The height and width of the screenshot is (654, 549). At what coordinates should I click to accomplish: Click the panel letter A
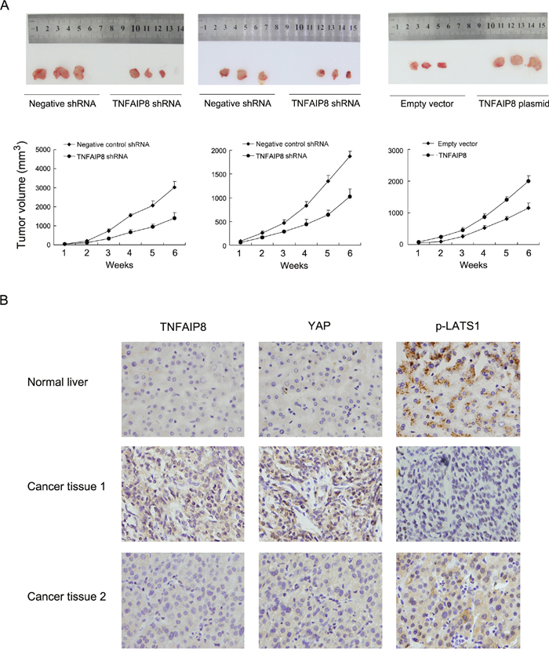(4, 5)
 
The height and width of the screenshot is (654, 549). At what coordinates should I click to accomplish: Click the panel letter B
(4, 300)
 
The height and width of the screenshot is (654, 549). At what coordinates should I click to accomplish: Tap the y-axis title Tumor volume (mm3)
(22, 194)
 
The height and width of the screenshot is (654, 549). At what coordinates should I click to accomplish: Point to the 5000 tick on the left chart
(43, 149)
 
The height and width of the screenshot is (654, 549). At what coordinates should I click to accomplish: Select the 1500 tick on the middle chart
(219, 174)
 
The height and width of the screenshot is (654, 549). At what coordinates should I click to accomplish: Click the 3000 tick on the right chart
(395, 151)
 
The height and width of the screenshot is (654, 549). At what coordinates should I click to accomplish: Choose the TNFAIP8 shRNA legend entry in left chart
(96, 157)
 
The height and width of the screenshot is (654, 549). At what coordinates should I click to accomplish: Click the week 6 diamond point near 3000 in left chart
(174, 187)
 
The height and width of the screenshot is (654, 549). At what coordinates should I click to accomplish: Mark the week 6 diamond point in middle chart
(350, 156)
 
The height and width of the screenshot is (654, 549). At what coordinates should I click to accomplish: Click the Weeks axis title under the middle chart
(294, 266)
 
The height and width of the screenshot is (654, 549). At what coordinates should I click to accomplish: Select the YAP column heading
(319, 325)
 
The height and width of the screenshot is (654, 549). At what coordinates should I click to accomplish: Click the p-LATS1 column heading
(458, 326)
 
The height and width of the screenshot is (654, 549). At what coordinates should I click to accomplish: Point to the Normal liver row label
(57, 382)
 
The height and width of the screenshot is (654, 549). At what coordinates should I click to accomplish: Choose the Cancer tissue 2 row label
(67, 597)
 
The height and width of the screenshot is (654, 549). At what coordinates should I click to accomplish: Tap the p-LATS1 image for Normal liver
(458, 389)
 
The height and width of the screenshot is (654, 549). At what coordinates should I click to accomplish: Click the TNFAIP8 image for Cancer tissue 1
(184, 494)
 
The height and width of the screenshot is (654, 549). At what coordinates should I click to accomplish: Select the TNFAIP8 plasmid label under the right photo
(514, 104)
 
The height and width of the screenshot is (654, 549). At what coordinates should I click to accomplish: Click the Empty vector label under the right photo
(427, 104)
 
